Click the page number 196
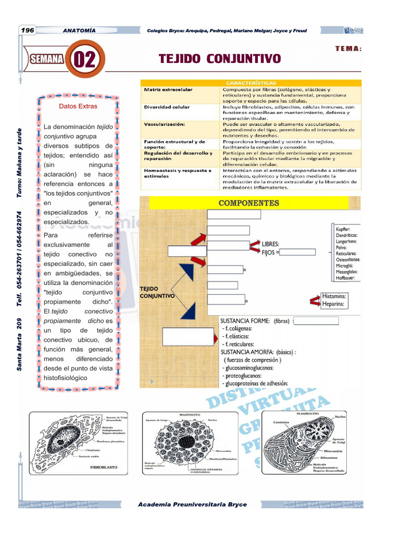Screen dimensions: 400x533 click(28, 30)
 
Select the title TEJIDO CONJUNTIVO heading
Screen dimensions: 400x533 click(219, 58)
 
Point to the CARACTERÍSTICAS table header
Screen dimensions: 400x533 click(251, 83)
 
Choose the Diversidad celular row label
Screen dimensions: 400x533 click(167, 107)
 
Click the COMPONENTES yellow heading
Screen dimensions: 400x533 click(248, 203)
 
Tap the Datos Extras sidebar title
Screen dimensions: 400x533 click(78, 106)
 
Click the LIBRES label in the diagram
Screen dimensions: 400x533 click(270, 244)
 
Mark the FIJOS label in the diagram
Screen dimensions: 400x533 click(269, 252)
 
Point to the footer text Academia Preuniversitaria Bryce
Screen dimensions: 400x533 click(193, 504)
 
